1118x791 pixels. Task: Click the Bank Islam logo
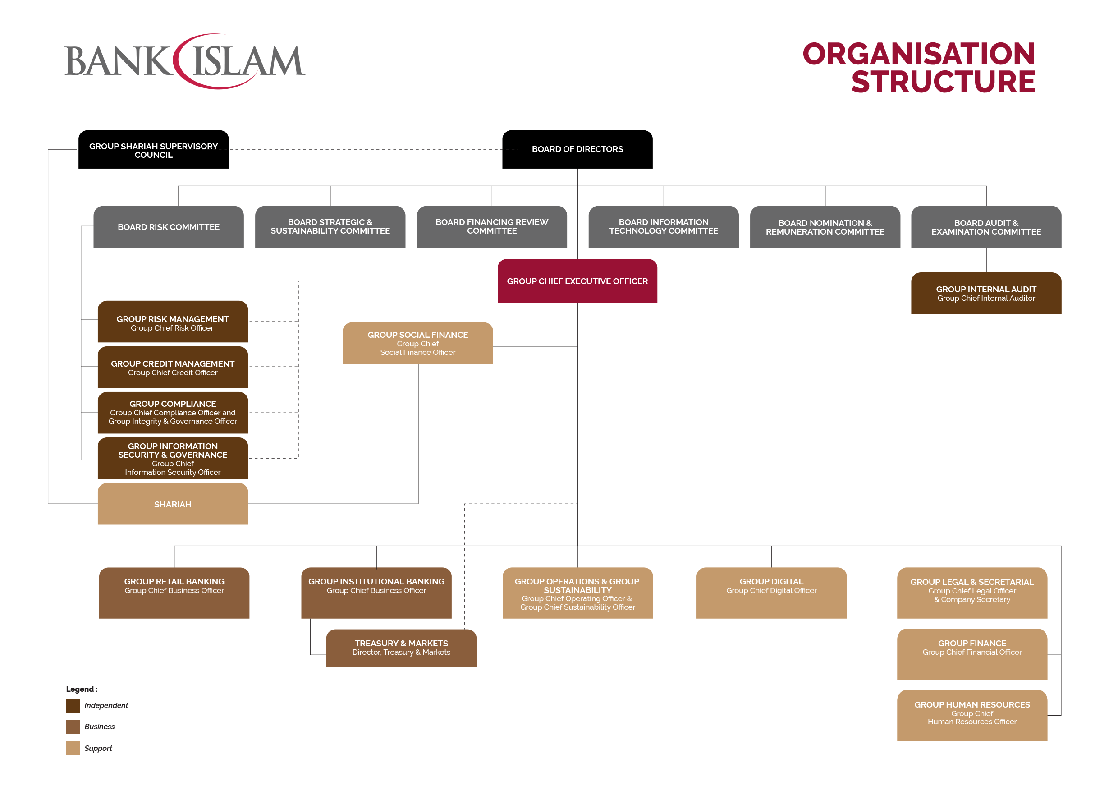184,61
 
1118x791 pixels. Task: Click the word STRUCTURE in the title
943,82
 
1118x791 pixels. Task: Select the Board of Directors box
577,149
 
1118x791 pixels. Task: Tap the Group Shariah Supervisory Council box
153,150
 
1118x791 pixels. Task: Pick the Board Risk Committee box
169,227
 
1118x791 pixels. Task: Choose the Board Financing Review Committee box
492,227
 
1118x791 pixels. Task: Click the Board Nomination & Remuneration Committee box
825,227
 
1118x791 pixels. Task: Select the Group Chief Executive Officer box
577,281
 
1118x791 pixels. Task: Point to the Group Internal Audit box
986,293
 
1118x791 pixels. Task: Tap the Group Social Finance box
418,343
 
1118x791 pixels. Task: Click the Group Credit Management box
173,368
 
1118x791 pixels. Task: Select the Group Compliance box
173,413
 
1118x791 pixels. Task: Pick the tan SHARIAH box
173,504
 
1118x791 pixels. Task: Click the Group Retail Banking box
174,593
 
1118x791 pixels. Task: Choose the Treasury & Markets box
401,648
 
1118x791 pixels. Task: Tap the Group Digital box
771,593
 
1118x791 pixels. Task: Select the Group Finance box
972,653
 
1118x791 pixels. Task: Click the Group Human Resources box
972,715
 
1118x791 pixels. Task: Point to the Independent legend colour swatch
73,705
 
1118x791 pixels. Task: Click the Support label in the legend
98,748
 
